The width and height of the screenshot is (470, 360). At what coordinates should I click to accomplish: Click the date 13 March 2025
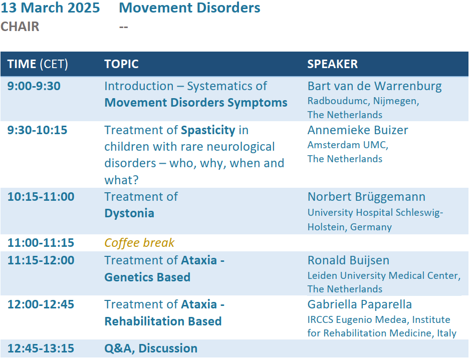(x=50, y=8)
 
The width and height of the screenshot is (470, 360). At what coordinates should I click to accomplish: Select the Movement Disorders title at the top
(x=189, y=8)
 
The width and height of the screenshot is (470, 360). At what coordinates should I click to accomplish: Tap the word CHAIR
(x=20, y=27)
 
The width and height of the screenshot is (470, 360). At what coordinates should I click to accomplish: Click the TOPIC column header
(x=121, y=64)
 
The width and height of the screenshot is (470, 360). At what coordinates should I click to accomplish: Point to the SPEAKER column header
(x=332, y=64)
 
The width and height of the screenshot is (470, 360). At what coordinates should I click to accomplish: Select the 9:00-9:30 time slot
(x=34, y=86)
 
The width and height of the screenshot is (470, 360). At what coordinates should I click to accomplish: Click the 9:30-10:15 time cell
(x=37, y=130)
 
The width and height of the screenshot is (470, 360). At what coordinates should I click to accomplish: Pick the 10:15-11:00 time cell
(x=41, y=196)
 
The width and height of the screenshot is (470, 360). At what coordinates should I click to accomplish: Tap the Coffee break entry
(x=139, y=243)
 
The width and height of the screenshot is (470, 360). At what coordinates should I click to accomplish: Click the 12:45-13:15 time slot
(x=41, y=348)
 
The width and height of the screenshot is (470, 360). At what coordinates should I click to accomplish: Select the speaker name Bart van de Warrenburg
(x=374, y=86)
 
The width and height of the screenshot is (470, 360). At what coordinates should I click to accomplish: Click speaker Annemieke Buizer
(x=358, y=130)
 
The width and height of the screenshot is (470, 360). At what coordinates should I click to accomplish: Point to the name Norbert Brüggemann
(x=366, y=197)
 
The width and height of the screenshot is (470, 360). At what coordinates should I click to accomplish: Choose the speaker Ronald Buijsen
(x=348, y=260)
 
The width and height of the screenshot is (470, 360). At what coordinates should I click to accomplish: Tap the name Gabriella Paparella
(x=359, y=304)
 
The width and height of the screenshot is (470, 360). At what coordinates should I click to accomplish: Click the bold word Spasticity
(x=208, y=131)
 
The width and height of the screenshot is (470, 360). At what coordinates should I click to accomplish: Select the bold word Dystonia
(x=129, y=213)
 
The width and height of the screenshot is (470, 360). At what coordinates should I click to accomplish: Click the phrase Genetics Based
(x=147, y=277)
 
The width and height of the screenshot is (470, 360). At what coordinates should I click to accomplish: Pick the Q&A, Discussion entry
(x=151, y=348)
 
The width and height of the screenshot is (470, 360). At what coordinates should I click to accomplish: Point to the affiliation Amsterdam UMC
(x=348, y=145)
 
